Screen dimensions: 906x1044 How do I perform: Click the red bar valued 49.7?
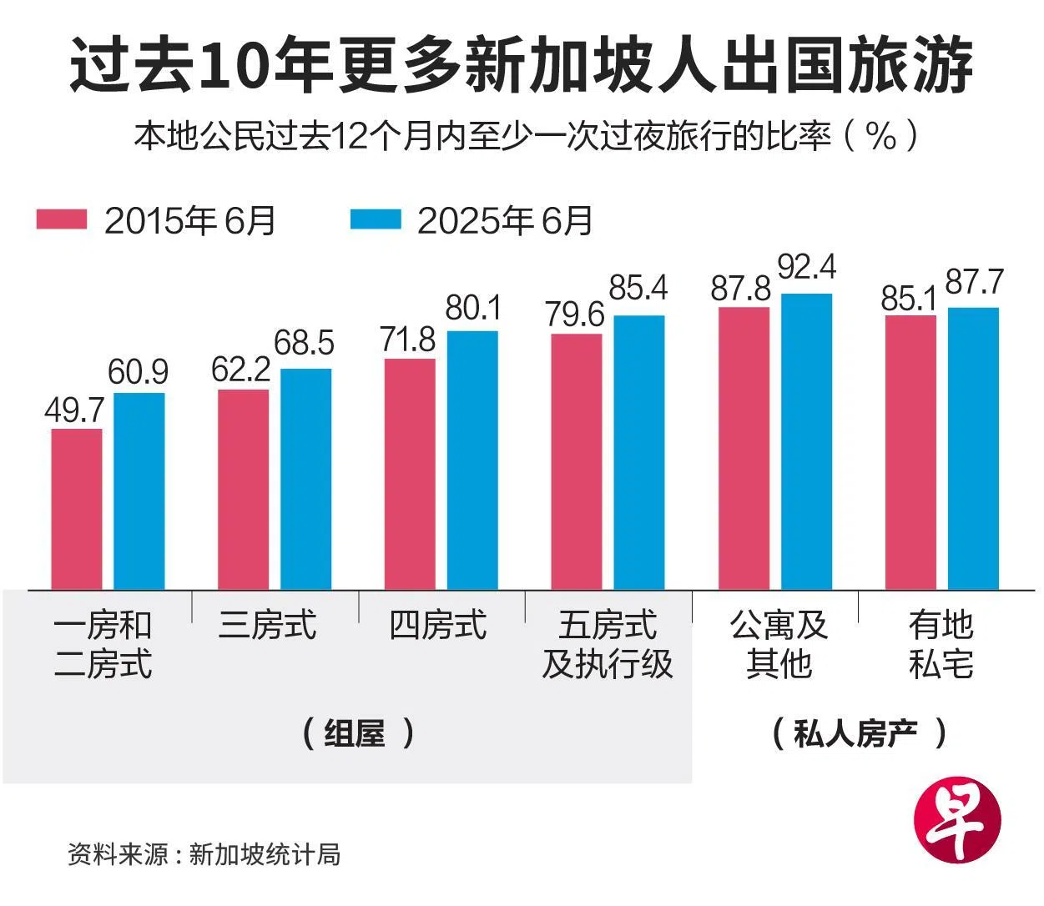click(x=77, y=509)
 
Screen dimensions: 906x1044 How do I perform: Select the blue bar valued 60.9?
click(x=139, y=491)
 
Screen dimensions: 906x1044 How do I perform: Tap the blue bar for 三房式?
click(x=305, y=479)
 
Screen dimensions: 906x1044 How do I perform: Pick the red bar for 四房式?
click(x=410, y=474)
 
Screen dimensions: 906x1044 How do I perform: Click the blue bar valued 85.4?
click(x=639, y=452)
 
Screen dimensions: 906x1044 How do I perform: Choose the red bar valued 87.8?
click(x=744, y=448)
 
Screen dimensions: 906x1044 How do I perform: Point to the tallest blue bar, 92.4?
click(x=806, y=441)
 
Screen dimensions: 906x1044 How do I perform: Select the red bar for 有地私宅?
click(x=910, y=452)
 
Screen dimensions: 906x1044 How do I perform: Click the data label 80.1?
click(x=473, y=309)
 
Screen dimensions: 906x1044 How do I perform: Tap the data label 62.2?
click(x=240, y=370)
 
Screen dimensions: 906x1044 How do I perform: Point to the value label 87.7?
click(x=974, y=283)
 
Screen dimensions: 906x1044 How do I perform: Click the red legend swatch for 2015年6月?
click(x=62, y=219)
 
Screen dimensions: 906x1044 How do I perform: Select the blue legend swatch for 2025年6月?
click(x=376, y=219)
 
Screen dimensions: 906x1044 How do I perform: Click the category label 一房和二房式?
click(x=103, y=645)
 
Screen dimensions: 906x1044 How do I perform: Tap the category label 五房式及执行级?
click(x=608, y=645)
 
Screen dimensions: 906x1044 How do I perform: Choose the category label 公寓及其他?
click(x=778, y=645)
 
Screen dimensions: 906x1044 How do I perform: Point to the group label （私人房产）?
click(x=860, y=733)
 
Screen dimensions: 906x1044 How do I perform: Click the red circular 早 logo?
click(x=958, y=822)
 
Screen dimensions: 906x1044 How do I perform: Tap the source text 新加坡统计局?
click(x=265, y=854)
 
